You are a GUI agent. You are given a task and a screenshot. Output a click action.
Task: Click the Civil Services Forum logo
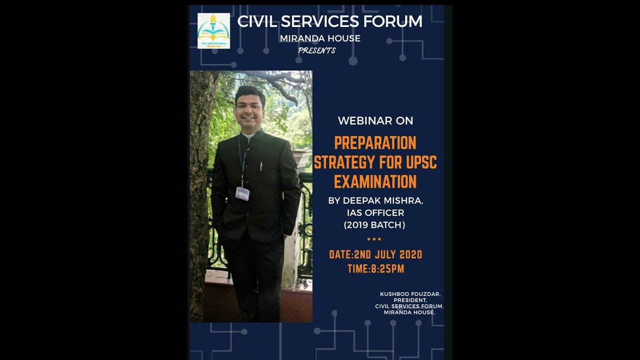213,30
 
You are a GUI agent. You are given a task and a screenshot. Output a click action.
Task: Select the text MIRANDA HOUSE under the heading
320,38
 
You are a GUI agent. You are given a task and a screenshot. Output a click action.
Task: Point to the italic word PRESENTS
316,50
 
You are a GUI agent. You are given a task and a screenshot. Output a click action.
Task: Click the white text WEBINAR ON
375,120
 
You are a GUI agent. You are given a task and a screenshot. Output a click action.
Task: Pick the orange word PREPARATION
375,143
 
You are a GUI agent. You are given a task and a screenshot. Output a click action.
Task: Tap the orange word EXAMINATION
375,181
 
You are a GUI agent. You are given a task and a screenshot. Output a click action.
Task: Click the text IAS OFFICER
375,213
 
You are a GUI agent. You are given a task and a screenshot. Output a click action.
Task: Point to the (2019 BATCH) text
374,225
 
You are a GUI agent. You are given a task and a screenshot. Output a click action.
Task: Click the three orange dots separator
374,239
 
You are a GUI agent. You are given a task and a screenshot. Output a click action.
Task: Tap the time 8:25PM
387,269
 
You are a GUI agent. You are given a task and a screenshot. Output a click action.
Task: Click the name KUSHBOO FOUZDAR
410,294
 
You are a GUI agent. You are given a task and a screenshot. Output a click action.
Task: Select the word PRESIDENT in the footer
409,300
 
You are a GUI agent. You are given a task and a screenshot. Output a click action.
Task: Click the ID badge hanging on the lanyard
242,193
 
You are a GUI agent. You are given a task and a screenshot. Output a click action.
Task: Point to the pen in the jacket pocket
261,166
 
